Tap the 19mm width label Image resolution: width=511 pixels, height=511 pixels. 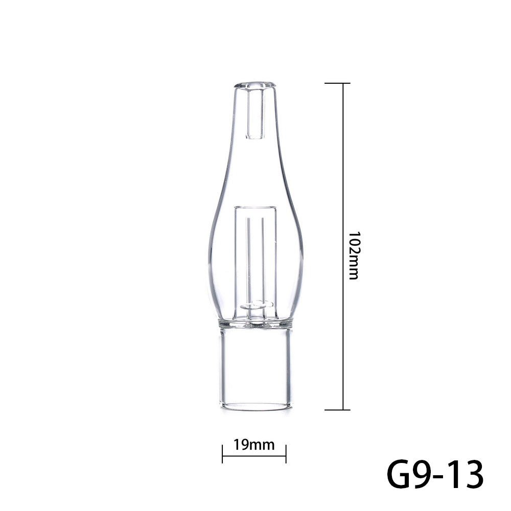254,445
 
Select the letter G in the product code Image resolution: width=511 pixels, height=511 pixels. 402,475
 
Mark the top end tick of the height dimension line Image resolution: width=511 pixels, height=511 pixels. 338,83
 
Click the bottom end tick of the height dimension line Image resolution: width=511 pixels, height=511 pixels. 338,409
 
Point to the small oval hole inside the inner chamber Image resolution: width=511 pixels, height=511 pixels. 255,305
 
